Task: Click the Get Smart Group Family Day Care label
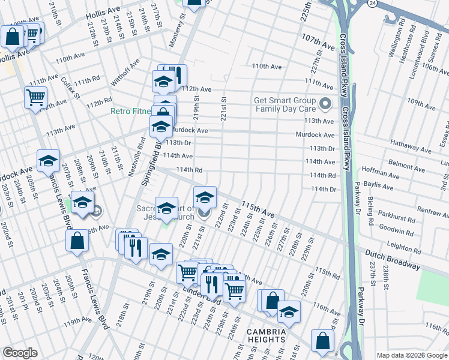[x=285, y=105]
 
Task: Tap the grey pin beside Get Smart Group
[x=326, y=105]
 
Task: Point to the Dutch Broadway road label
[x=392, y=259]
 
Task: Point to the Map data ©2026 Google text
[x=411, y=355]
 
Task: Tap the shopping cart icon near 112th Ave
[x=36, y=97]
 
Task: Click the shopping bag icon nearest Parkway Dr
[x=322, y=340]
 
